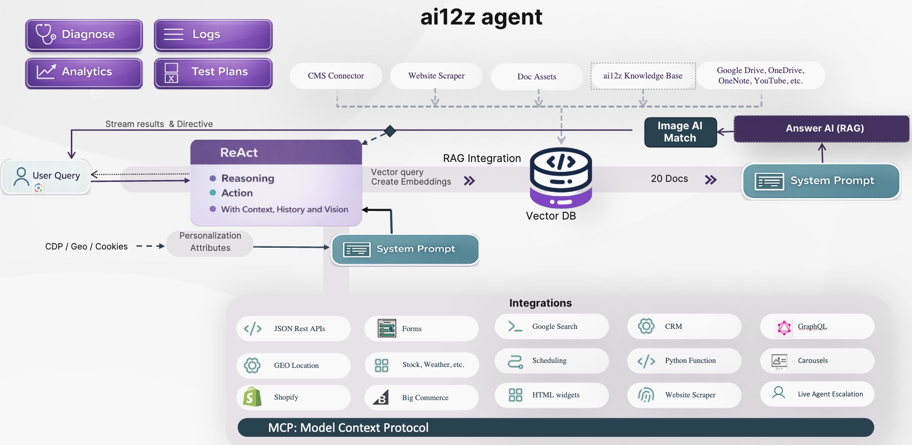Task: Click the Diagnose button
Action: [x=84, y=35]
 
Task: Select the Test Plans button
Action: [x=213, y=73]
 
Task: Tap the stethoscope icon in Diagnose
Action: [x=45, y=34]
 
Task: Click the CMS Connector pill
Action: [x=336, y=76]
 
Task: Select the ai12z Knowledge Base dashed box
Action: [x=643, y=76]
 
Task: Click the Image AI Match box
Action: [x=680, y=132]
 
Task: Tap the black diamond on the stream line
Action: [x=389, y=131]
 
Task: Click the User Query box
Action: [x=46, y=176]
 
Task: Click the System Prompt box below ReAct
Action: [x=405, y=249]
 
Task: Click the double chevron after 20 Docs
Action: [x=710, y=180]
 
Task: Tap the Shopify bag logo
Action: [x=252, y=397]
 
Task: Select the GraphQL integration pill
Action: [x=817, y=327]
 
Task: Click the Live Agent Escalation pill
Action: [x=817, y=394]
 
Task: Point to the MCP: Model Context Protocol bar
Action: [x=555, y=427]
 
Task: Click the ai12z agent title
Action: [x=481, y=17]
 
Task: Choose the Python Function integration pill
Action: [x=684, y=361]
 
